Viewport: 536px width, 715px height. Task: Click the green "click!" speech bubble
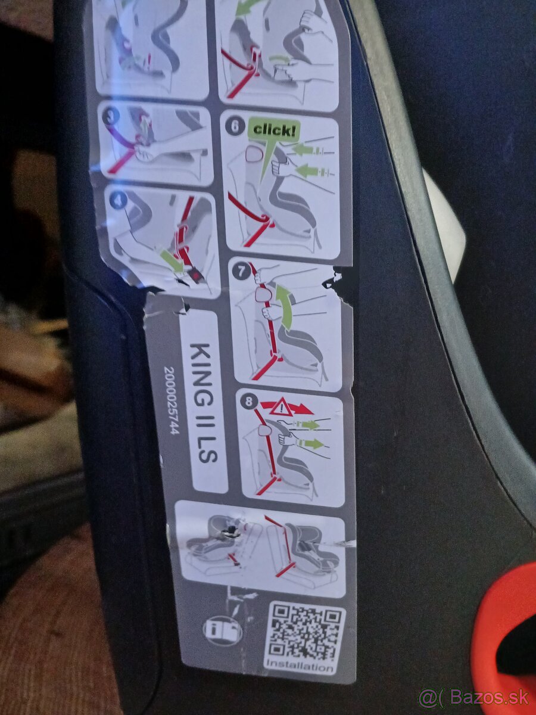tap(273, 130)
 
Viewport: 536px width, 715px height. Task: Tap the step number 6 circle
tap(235, 126)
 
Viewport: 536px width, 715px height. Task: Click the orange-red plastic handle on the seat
tap(500, 632)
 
